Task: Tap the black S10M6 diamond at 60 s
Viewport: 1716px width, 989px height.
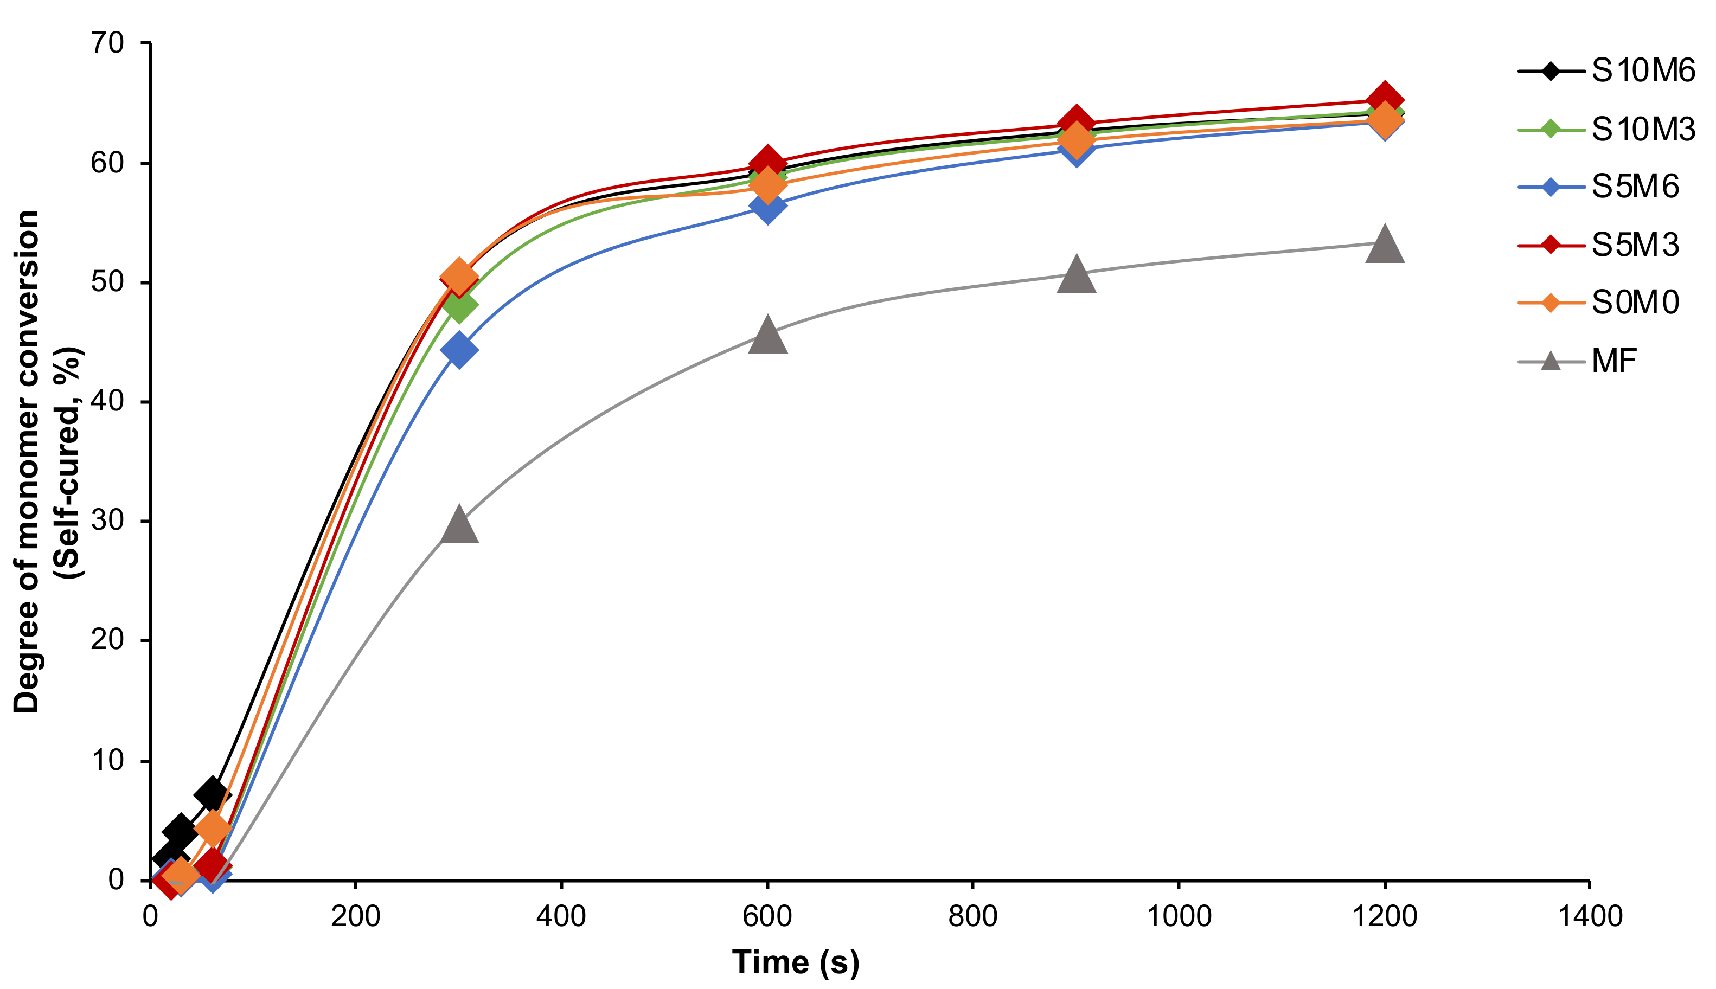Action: (x=212, y=793)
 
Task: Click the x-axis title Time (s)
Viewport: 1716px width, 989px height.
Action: (x=796, y=962)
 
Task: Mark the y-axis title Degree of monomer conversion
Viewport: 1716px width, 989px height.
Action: (x=27, y=462)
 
